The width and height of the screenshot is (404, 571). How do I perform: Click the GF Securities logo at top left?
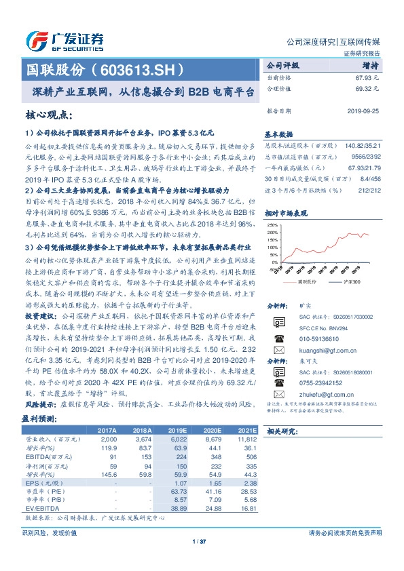(x=65, y=39)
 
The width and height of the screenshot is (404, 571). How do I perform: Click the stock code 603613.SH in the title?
(x=143, y=69)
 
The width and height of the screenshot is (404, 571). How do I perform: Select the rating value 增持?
(x=371, y=66)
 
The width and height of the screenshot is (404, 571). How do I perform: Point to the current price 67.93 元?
(x=367, y=78)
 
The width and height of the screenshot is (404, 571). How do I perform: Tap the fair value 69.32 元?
(x=367, y=89)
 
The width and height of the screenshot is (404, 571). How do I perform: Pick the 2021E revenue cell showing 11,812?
(x=245, y=439)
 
